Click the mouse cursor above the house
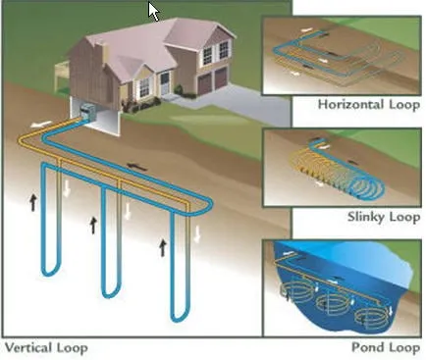click(154, 11)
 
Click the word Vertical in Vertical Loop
click(28, 347)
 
